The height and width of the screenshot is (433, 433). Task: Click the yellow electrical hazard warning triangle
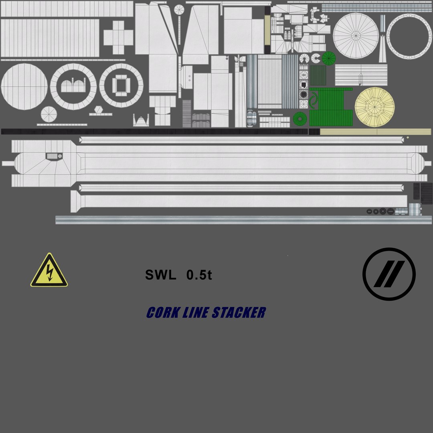pyautogui.click(x=49, y=271)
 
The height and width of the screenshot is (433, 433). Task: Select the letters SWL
pyautogui.click(x=160, y=275)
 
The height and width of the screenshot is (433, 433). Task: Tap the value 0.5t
pyautogui.click(x=199, y=275)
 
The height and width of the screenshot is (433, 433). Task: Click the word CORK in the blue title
pyautogui.click(x=163, y=313)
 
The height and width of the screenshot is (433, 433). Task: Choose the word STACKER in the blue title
pyautogui.click(x=239, y=313)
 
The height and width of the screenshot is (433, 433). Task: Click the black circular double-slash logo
pyautogui.click(x=389, y=274)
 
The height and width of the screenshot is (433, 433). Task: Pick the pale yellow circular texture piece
pyautogui.click(x=374, y=107)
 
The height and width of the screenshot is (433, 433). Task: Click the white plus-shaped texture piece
pyautogui.click(x=118, y=37)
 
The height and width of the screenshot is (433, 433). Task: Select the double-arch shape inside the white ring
pyautogui.click(x=73, y=86)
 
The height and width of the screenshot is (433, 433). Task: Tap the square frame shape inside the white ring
pyautogui.click(x=121, y=85)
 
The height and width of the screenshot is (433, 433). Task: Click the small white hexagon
pyautogui.click(x=99, y=109)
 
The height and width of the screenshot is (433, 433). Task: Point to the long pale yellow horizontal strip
pyautogui.click(x=375, y=132)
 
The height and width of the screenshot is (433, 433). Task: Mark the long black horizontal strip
pyautogui.click(x=154, y=132)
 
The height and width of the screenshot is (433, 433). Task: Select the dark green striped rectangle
pyautogui.click(x=318, y=75)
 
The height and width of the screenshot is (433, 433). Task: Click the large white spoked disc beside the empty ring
pyautogui.click(x=356, y=36)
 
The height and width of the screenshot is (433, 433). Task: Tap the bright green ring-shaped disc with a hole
pyautogui.click(x=299, y=119)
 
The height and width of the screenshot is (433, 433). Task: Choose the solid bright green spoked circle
pyautogui.click(x=328, y=59)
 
